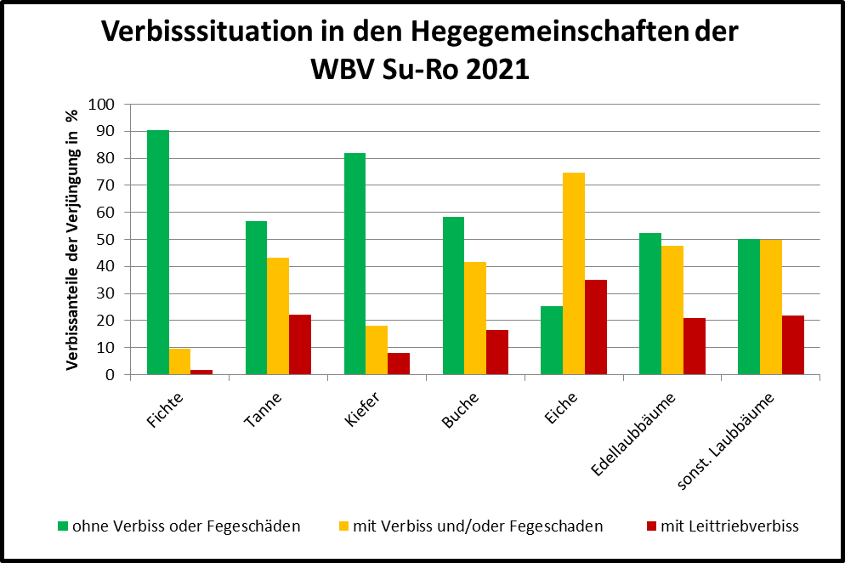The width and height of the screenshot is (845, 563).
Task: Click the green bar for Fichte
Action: tap(158, 253)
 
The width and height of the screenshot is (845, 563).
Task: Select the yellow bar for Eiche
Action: tap(574, 274)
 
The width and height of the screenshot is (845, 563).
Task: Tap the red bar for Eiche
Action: tap(596, 327)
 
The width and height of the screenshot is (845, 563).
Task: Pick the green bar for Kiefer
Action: tap(354, 264)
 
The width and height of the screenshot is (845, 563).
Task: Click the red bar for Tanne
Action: tap(300, 344)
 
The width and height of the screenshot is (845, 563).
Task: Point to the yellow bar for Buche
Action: tap(475, 318)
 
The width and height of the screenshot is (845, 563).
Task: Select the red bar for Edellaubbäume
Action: tap(695, 346)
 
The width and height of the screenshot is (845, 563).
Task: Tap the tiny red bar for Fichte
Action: tap(202, 372)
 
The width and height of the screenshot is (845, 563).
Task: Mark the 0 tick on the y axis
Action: tap(111, 375)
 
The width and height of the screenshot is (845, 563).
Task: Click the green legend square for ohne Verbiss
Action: tap(62, 526)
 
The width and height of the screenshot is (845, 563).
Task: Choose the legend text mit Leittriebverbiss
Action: tap(734, 526)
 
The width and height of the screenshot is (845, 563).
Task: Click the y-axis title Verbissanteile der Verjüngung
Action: tap(73, 240)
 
